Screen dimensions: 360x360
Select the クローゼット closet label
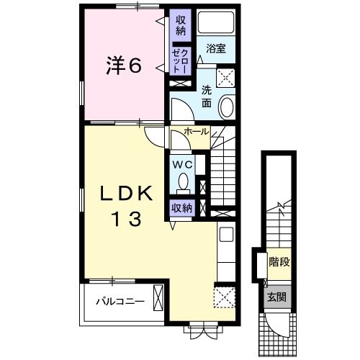(x=181, y=59)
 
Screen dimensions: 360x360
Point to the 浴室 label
(x=216, y=50)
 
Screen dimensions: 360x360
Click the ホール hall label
(x=197, y=132)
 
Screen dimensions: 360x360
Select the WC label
(x=184, y=164)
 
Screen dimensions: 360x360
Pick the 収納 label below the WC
(x=182, y=208)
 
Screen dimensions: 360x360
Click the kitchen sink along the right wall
(x=225, y=235)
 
